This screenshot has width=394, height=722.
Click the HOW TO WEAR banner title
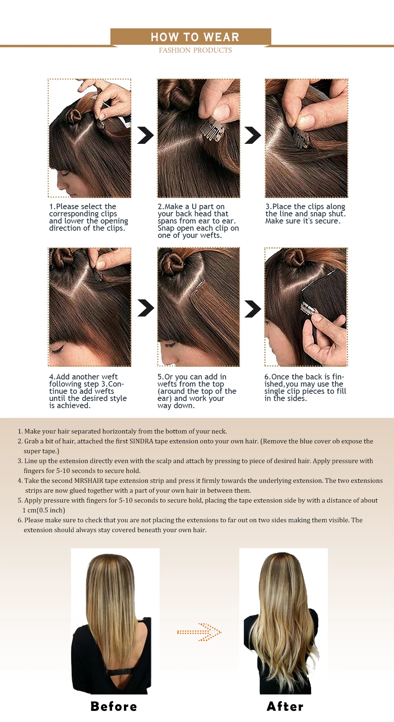(x=195, y=37)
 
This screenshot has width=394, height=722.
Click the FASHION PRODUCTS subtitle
(x=195, y=50)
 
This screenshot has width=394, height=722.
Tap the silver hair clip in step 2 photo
(x=212, y=130)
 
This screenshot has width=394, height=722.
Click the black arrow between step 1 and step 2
(x=145, y=135)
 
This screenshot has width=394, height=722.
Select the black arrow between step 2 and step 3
(x=252, y=135)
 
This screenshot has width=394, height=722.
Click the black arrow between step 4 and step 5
(x=145, y=308)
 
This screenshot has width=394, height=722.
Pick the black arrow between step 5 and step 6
(x=252, y=309)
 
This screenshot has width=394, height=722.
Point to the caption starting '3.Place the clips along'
(x=305, y=214)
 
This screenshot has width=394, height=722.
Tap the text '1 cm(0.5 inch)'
(x=44, y=510)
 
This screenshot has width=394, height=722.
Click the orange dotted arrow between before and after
(x=199, y=632)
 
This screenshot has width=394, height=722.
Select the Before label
(x=114, y=706)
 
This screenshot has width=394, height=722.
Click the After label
(x=285, y=706)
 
